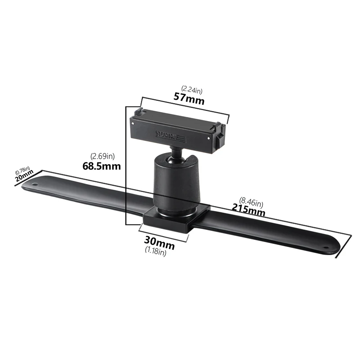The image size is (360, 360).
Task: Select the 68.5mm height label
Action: coord(102,166)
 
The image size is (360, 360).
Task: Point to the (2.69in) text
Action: coord(103,156)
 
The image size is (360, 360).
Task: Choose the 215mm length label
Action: coord(248,210)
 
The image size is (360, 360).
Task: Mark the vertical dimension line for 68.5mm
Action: coord(126,166)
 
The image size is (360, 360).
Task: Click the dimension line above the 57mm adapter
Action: coord(184,108)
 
